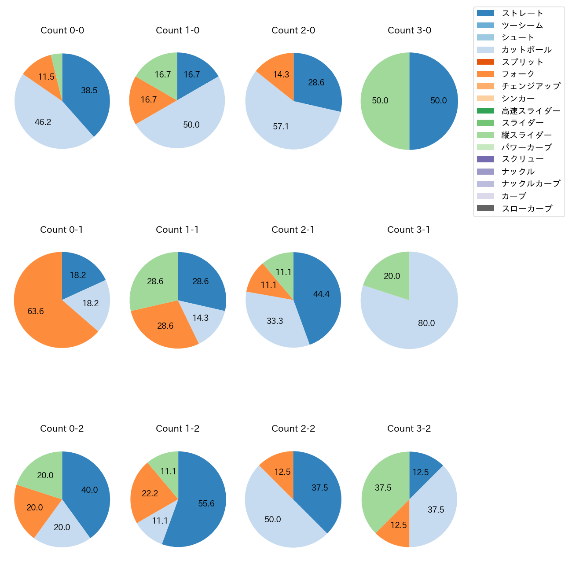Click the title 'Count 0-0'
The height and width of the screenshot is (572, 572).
coord(62,30)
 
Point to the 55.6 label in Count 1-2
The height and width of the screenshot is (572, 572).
coord(206,504)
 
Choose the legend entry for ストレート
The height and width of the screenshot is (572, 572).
coord(522,13)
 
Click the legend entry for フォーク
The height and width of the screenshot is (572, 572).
coord(518,74)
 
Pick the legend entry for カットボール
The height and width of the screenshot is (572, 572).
coord(526,50)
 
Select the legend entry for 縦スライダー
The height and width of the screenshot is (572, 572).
coord(526,135)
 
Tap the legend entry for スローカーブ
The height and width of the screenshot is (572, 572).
coord(527,209)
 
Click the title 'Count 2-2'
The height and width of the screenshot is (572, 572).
coord(293,429)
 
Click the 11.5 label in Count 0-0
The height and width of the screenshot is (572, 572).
coord(46,77)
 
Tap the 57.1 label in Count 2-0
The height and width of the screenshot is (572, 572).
coord(281,127)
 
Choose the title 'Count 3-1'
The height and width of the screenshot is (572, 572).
coord(409,230)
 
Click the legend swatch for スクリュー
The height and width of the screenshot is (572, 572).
coord(485,159)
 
